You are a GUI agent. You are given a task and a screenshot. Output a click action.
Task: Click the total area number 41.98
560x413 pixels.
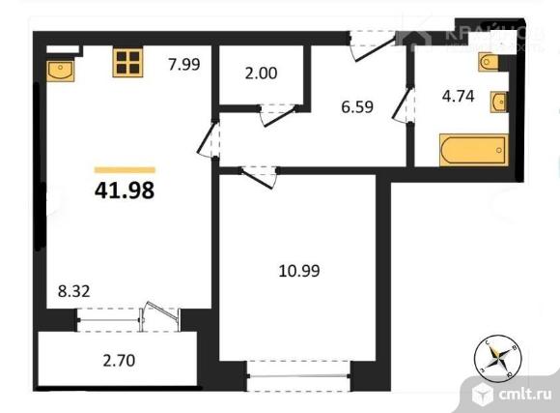pos(125,190)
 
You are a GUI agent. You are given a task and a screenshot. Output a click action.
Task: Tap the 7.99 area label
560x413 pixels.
pos(183,66)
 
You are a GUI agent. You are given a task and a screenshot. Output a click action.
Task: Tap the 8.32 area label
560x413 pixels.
pos(72,287)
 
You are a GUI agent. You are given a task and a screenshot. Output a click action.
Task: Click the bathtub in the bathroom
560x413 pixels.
pos(472,151)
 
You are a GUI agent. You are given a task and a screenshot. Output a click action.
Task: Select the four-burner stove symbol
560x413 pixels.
pos(126,64)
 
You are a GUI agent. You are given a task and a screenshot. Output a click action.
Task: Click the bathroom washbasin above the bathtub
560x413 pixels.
pos(498,102)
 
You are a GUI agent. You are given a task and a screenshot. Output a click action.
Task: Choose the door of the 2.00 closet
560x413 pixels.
pos(276,114)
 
